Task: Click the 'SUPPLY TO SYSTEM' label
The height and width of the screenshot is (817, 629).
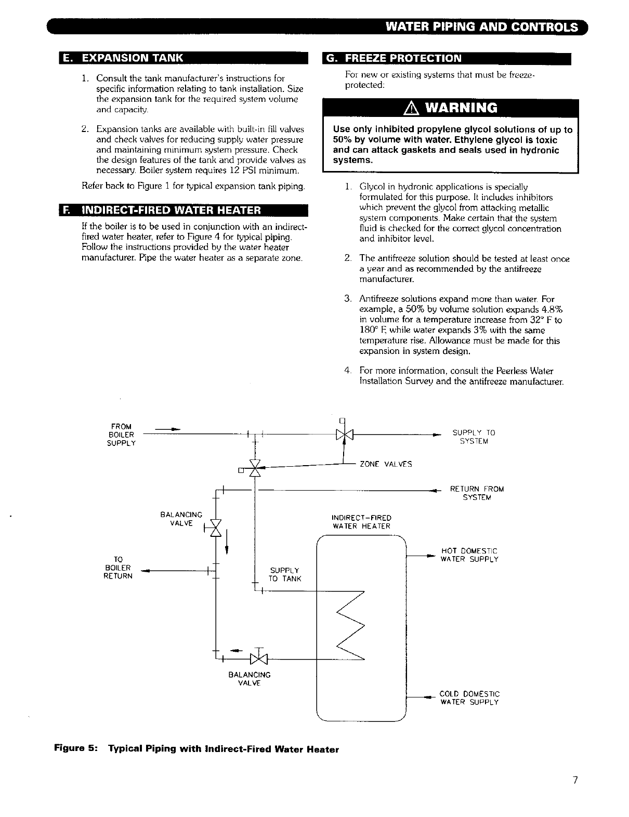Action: [x=474, y=437]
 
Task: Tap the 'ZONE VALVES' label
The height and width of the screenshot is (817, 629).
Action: [x=386, y=464]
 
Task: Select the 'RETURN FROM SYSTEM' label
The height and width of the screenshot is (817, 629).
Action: [x=477, y=493]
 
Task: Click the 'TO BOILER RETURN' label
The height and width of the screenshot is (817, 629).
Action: [x=118, y=568]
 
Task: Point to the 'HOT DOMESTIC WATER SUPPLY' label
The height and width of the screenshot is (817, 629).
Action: [x=469, y=555]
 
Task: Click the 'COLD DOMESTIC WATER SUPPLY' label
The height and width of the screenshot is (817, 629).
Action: [x=469, y=698]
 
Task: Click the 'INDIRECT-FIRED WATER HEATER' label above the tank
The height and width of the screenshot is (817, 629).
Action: [x=362, y=522]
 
